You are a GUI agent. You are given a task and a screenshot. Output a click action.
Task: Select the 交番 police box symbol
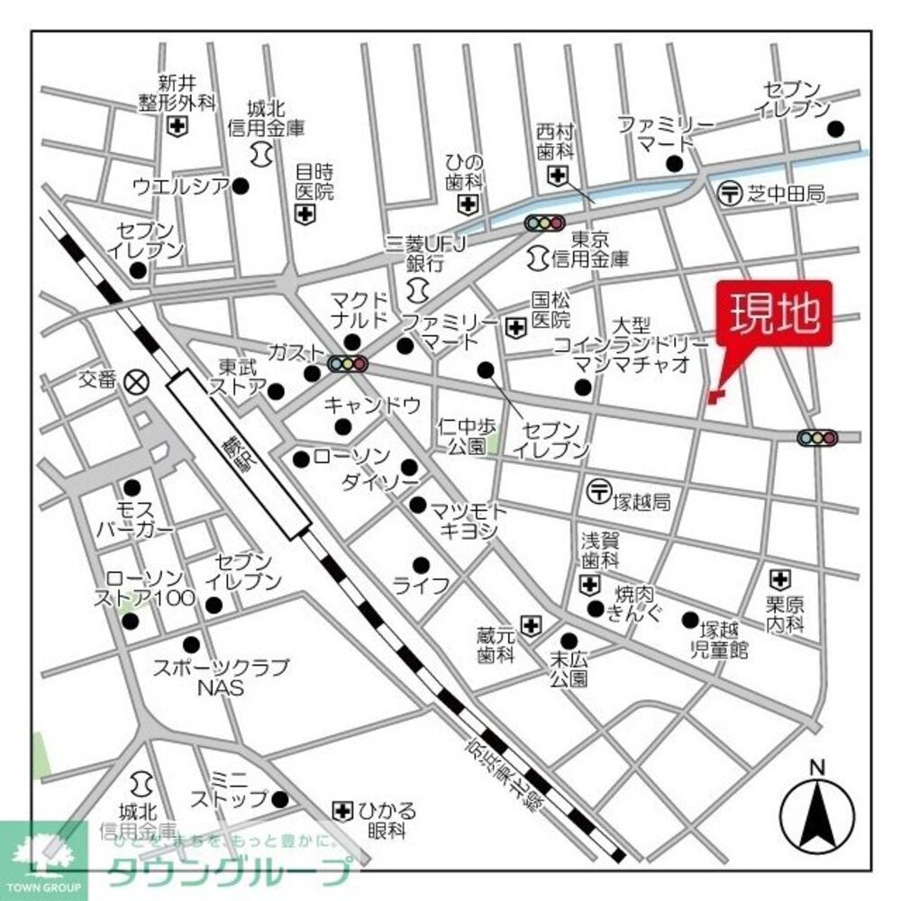point(137,380)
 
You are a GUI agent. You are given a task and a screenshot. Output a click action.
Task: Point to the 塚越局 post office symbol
point(599,491)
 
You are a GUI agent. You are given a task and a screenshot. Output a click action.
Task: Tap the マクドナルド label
point(359,309)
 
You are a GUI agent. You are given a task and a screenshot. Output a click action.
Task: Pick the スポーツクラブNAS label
point(221,677)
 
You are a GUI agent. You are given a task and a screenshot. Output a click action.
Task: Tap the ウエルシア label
point(179,187)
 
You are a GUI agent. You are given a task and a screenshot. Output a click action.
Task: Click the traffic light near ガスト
point(348,364)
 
